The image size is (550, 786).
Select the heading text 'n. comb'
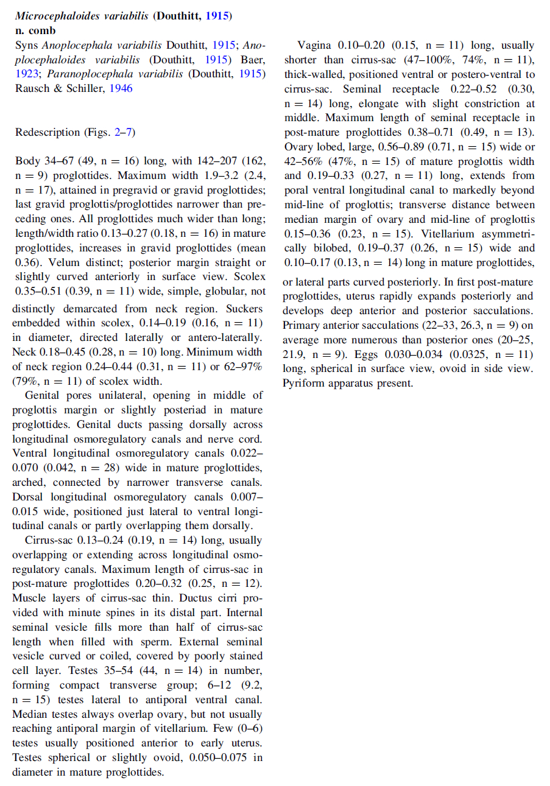click(35, 30)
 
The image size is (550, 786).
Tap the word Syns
click(27, 45)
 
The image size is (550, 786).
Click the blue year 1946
click(121, 88)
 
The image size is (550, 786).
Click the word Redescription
click(48, 132)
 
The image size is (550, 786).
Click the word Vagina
click(314, 45)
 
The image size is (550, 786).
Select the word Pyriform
click(303, 384)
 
